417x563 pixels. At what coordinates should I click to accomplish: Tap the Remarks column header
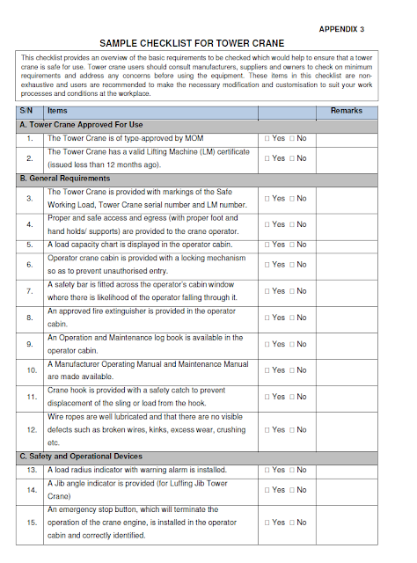[x=346, y=111]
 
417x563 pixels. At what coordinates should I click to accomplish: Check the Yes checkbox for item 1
[x=267, y=139]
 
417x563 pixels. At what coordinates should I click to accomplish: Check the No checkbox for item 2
[x=291, y=158]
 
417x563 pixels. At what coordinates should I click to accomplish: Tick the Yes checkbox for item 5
[x=267, y=245]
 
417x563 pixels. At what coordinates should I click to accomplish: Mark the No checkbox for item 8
[x=291, y=318]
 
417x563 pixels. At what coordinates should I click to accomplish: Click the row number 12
[x=30, y=430]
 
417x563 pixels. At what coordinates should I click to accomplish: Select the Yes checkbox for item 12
[x=267, y=430]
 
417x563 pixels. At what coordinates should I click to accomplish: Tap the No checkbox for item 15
[x=291, y=523]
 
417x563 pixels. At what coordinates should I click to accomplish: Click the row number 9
[x=30, y=344]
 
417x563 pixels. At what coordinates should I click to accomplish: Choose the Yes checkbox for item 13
[x=267, y=471]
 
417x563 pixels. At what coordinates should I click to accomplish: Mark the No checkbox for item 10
[x=291, y=370]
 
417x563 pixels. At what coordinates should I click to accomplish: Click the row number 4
[x=30, y=224]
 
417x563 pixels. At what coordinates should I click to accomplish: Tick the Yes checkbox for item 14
[x=267, y=490]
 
